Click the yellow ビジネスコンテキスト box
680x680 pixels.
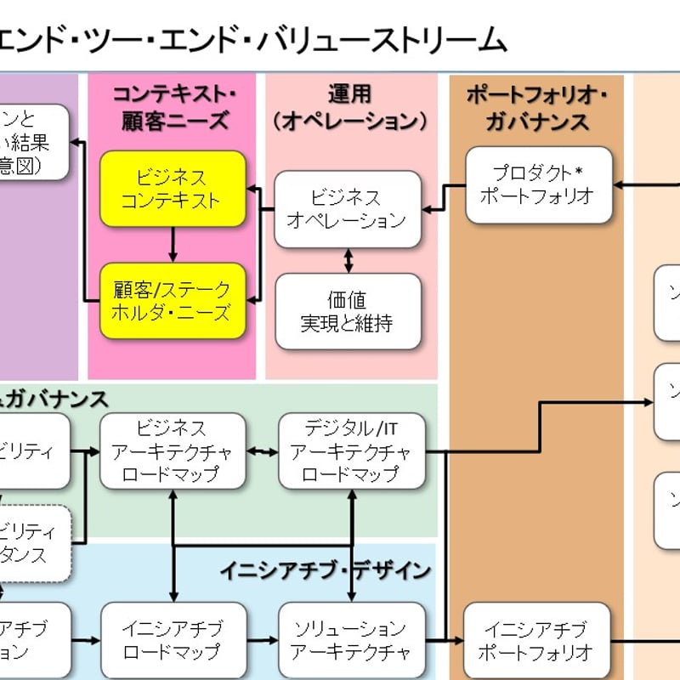point(173,189)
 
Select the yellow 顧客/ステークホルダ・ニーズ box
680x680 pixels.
point(173,302)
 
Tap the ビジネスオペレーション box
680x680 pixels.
point(347,208)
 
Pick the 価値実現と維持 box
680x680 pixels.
point(347,311)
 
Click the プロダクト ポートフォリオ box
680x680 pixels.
point(539,184)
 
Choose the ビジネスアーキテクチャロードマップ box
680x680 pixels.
point(173,451)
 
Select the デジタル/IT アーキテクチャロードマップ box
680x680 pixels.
point(351,451)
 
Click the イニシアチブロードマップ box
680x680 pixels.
point(173,641)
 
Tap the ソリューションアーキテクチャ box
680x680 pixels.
point(351,641)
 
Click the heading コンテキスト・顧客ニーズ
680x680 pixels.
point(173,106)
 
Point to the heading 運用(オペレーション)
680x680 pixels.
point(350,106)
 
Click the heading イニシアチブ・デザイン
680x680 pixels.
point(326,570)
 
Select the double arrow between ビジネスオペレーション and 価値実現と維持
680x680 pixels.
point(348,259)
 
